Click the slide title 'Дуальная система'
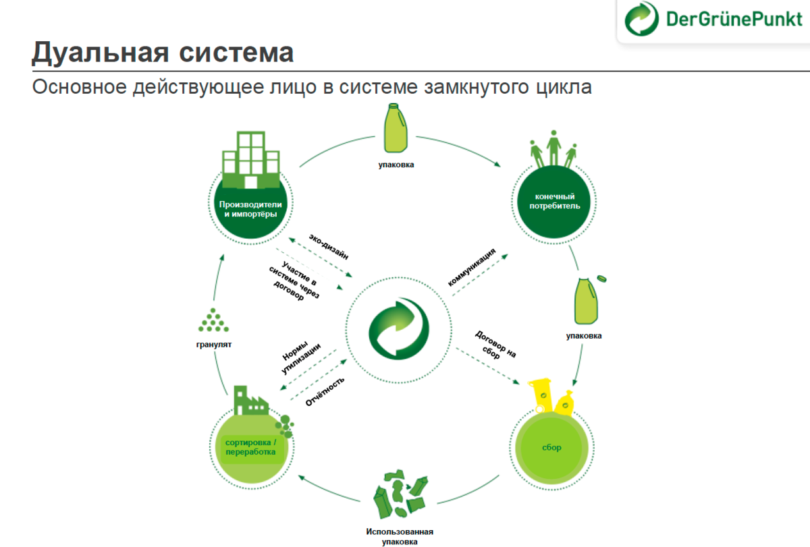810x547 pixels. (x=163, y=53)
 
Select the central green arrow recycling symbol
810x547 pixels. (x=398, y=330)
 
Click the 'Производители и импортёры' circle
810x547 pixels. (x=250, y=209)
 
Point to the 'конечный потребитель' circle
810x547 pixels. (x=553, y=202)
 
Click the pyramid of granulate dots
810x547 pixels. (x=214, y=320)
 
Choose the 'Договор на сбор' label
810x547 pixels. (x=495, y=344)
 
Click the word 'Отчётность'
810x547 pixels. (x=326, y=391)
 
